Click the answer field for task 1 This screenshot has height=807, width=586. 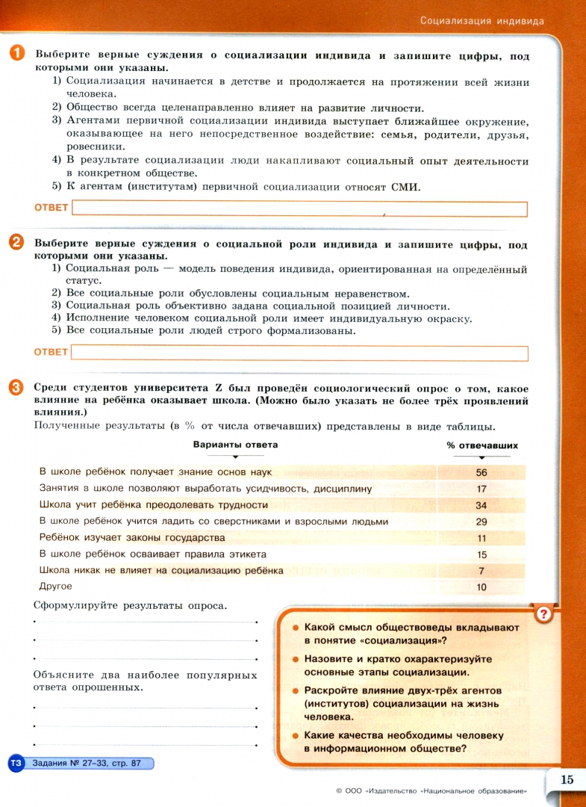299,209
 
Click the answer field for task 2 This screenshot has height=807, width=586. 299,353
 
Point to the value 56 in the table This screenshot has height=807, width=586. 481,472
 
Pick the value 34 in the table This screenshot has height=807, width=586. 481,505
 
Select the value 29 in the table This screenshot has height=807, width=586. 481,522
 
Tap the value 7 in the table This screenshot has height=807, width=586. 481,571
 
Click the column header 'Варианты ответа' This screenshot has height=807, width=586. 235,445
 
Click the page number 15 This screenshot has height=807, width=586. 566,779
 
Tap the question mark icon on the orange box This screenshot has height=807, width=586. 545,614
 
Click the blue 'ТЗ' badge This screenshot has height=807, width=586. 16,763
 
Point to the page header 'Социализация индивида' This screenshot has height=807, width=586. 481,20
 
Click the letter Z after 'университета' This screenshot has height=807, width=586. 219,389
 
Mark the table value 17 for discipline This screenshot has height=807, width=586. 481,489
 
